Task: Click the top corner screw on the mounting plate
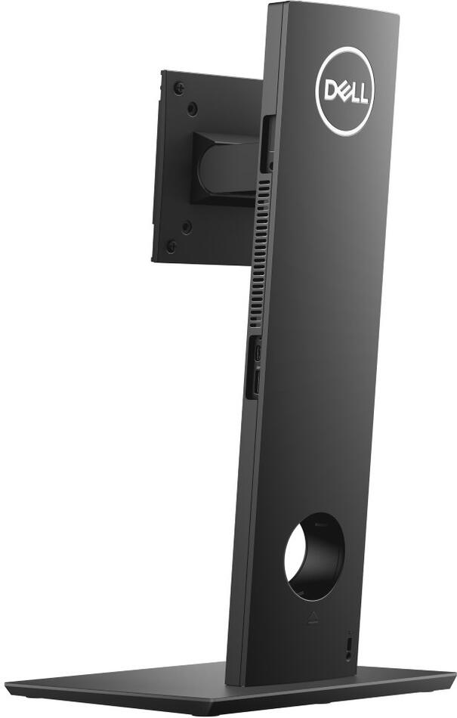(178, 88)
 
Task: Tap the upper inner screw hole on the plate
(193, 109)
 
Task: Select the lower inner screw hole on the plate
(187, 226)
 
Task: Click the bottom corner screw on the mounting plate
(171, 246)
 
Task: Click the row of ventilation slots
(259, 249)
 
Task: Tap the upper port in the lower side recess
(258, 353)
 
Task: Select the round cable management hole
(313, 556)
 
